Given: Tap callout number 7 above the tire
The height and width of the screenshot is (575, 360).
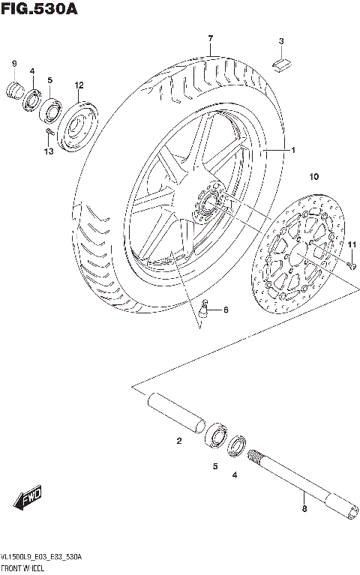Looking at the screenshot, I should click(211, 38).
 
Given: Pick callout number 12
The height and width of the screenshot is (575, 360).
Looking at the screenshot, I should click(79, 85).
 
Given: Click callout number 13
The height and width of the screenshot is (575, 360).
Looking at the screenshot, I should click(49, 152).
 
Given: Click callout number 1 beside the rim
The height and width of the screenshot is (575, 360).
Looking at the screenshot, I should click(294, 150).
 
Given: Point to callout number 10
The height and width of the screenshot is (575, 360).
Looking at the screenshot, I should click(313, 177).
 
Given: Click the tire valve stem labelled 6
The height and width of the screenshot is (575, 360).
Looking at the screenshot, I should click(205, 305).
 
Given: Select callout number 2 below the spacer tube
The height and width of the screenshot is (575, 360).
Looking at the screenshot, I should click(179, 441).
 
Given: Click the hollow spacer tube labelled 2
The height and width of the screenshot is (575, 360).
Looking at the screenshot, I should click(175, 412).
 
